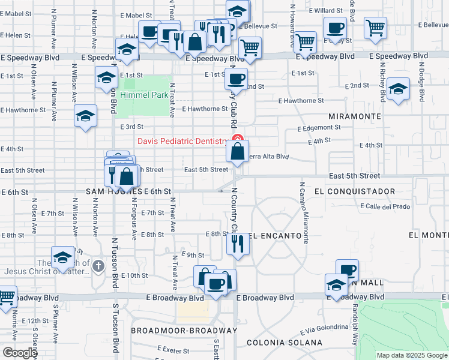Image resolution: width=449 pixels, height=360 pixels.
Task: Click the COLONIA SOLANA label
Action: coord(288,343)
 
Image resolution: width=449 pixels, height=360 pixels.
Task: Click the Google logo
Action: coord(19,352)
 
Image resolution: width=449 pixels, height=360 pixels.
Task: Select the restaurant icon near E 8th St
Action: coord(237,244)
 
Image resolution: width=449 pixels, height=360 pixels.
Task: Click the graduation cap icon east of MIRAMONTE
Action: coord(398,89)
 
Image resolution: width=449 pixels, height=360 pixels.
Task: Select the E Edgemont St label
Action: coord(320,127)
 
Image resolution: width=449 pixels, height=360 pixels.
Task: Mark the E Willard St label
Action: coord(325,10)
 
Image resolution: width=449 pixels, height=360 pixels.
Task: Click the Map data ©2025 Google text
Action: coord(412,355)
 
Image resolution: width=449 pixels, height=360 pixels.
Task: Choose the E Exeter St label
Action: coord(173,349)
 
